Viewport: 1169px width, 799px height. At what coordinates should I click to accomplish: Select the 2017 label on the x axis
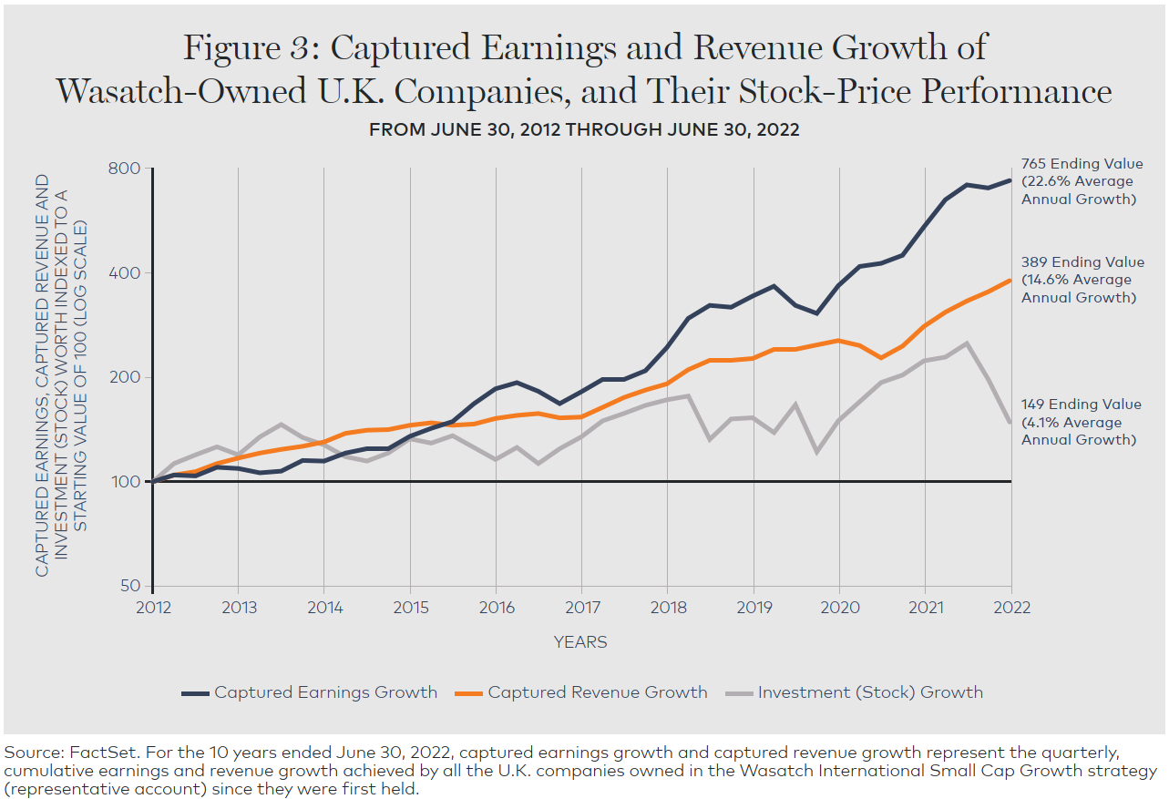click(581, 608)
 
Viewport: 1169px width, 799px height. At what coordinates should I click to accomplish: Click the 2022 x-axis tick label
click(1011, 608)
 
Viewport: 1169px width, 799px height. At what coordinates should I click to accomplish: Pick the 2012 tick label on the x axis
click(152, 608)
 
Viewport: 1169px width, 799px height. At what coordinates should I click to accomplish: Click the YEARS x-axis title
click(580, 642)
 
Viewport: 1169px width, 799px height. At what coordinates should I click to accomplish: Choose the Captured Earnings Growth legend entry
click(310, 692)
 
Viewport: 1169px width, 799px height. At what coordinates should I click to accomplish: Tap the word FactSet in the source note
click(85, 753)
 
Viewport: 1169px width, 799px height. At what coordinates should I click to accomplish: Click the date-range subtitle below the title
click(584, 130)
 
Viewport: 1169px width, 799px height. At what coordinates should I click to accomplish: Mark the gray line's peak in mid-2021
click(967, 343)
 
